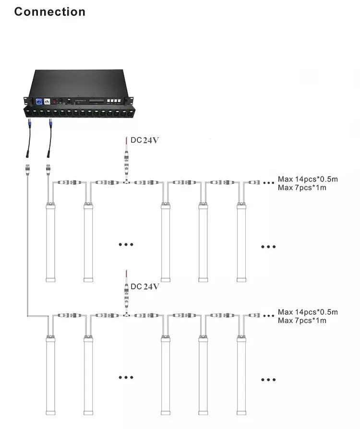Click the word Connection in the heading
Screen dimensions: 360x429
[x=50, y=12]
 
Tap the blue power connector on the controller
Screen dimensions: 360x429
[x=39, y=102]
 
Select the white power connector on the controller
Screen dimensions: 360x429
[x=47, y=102]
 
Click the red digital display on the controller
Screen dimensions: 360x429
[x=54, y=102]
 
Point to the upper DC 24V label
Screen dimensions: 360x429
[x=144, y=140]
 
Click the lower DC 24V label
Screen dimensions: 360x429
[x=144, y=286]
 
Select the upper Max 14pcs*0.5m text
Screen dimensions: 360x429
[x=308, y=179]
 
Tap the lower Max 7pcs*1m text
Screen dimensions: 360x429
[x=302, y=321]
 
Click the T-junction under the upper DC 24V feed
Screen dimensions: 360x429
[x=126, y=182]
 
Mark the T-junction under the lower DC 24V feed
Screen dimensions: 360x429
[x=126, y=315]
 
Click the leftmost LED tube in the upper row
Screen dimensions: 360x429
[x=50, y=242]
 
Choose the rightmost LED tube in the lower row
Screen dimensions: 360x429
[x=241, y=375]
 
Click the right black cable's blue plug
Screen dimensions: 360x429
[x=50, y=123]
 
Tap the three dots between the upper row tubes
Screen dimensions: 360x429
[x=126, y=244]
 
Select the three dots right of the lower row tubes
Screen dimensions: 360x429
[x=268, y=380]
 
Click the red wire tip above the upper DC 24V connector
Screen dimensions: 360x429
[x=126, y=137]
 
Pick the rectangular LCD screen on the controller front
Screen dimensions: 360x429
[x=96, y=101]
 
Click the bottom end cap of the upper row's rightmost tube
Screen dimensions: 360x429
[x=241, y=280]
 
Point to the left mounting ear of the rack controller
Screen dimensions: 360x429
[x=26, y=101]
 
